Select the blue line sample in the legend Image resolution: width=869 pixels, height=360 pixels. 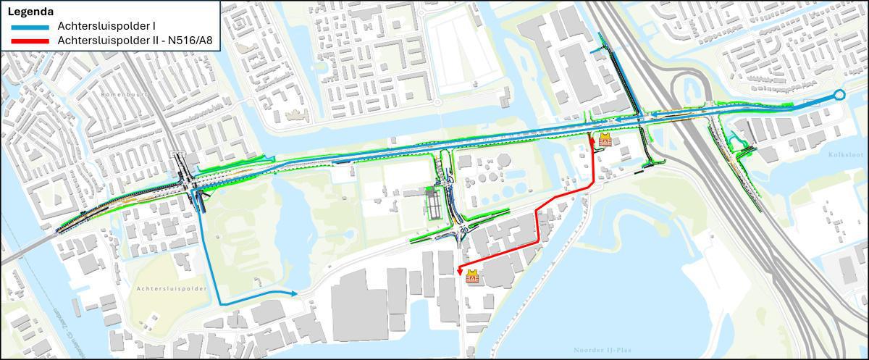[28, 27]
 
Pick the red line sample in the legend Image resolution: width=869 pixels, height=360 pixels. [28, 41]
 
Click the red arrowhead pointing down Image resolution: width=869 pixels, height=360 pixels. [460, 271]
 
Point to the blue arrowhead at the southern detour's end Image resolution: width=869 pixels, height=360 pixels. [295, 293]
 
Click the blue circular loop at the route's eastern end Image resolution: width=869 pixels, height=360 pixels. [839, 95]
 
